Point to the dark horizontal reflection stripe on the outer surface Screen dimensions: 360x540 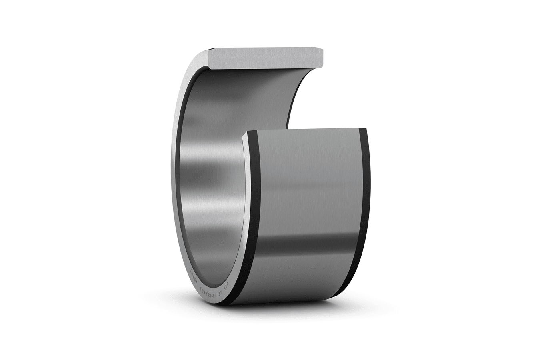[x=308, y=242]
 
